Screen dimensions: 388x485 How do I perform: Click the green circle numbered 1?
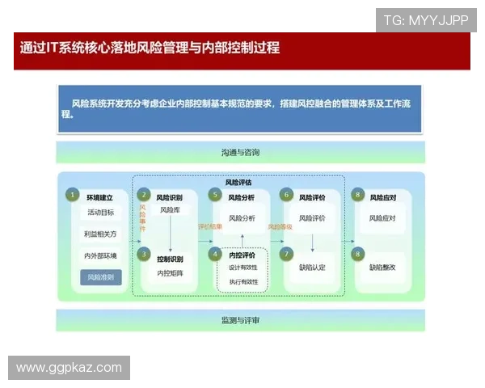(72, 195)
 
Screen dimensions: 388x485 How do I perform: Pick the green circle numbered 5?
(215, 195)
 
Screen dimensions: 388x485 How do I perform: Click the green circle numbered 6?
(286, 195)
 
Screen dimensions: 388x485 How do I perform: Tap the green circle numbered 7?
(286, 254)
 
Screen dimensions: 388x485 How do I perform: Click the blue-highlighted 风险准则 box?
(100, 276)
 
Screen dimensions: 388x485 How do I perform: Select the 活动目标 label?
(100, 213)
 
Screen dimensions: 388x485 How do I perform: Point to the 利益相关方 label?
(100, 234)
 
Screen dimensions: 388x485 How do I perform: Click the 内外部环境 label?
(100, 255)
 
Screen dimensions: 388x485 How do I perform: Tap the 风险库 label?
(170, 211)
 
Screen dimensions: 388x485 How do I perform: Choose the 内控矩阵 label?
(170, 274)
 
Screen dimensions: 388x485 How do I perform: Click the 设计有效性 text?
(242, 267)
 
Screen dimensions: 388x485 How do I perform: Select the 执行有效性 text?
(242, 282)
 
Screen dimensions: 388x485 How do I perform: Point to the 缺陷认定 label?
(312, 267)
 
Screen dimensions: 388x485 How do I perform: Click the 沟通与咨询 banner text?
(240, 152)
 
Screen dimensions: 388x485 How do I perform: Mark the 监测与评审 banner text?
(240, 320)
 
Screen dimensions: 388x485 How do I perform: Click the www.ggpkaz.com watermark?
(70, 368)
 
